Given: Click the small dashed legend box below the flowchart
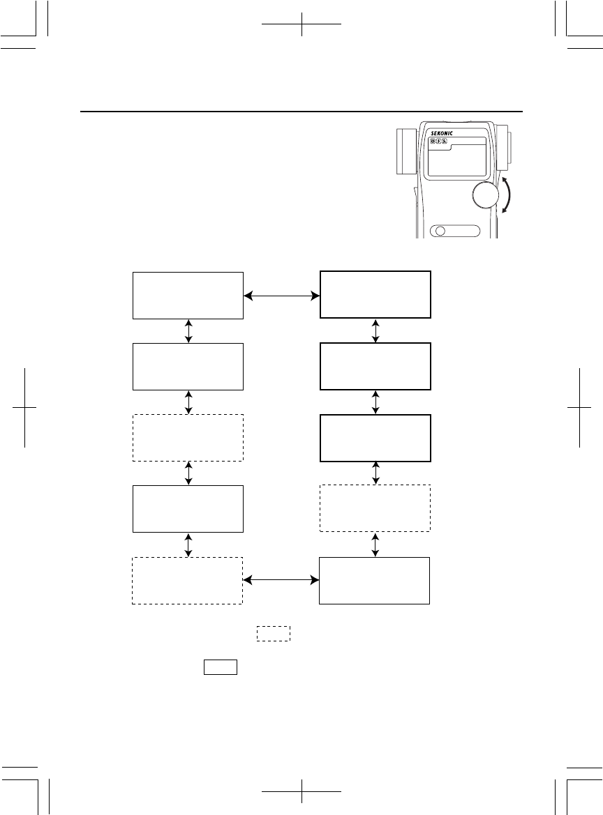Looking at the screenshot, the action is tap(273, 634).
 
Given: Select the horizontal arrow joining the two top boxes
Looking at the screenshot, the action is tap(281, 296).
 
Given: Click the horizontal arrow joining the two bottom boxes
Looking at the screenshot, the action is tap(281, 580).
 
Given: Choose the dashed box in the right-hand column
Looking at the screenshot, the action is tap(375, 508).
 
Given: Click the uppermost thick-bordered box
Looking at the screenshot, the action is tap(375, 295).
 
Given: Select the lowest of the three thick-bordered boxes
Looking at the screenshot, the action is tap(375, 438).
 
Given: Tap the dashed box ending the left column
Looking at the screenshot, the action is tap(188, 581).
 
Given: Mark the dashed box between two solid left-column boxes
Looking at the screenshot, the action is tap(188, 438).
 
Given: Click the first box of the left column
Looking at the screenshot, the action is tap(188, 296).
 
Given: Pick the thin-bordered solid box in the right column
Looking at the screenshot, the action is tap(374, 581).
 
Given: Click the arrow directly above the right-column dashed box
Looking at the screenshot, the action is tap(377, 473).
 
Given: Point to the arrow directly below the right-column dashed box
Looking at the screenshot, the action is tap(377, 544).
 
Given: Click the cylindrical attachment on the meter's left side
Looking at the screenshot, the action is tap(405, 151).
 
